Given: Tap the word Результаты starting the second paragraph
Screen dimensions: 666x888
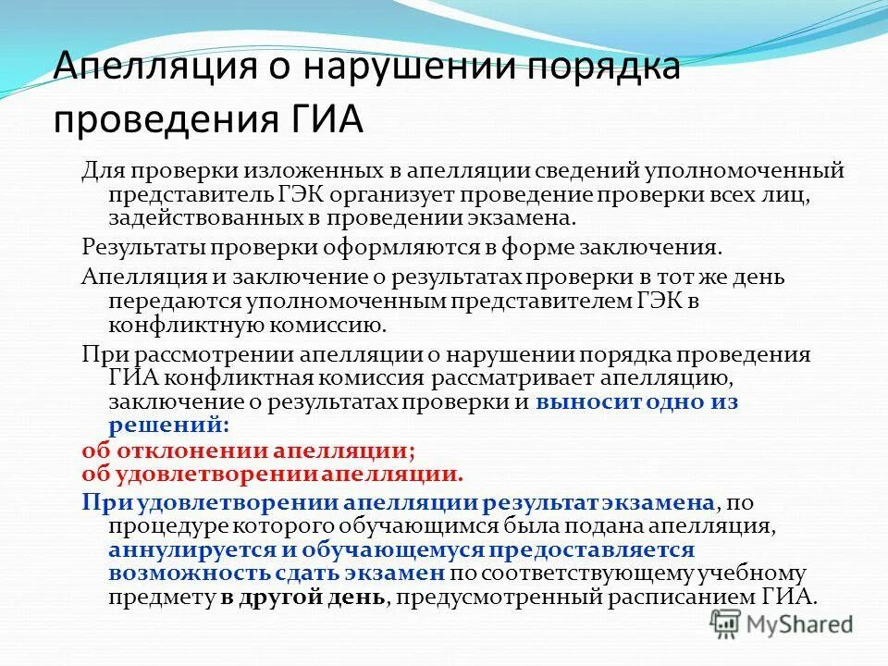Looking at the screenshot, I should pyautogui.click(x=142, y=248).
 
